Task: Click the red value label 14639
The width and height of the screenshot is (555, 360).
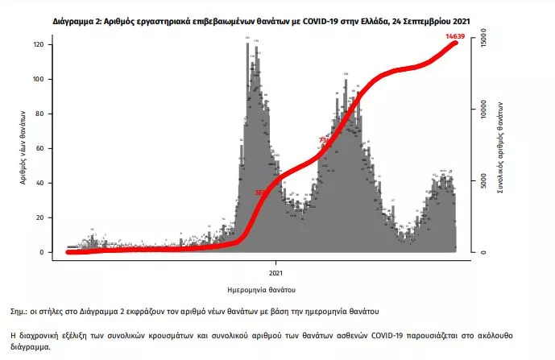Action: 457,36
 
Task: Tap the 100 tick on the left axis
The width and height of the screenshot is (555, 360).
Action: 48,80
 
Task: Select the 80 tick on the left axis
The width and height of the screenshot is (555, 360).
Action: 49,114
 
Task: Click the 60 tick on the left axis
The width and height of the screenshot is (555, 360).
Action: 49,149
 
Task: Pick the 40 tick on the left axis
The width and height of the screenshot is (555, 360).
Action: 49,184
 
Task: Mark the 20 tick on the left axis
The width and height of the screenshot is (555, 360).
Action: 49,218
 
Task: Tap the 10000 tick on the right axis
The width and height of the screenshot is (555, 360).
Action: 484,109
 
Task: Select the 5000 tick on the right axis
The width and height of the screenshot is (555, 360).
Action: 484,180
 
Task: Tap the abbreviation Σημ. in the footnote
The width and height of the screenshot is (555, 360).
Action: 21,310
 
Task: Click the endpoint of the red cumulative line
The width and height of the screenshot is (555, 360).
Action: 456,43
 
